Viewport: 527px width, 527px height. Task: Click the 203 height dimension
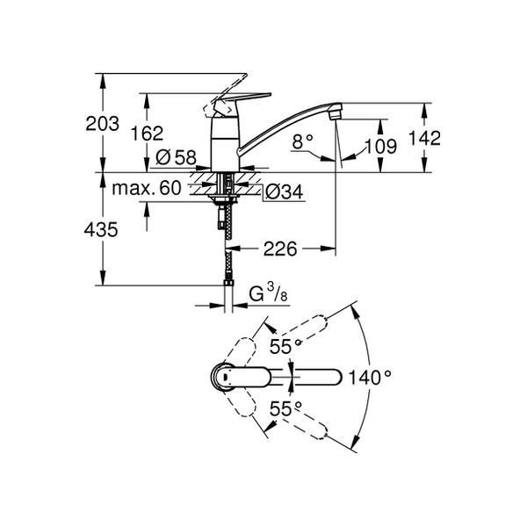pos(102,123)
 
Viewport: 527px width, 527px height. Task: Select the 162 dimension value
pos(147,134)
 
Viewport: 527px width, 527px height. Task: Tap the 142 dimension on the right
pos(424,138)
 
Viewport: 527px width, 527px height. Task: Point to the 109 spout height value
pos(381,146)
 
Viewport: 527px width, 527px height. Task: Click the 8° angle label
pos(302,141)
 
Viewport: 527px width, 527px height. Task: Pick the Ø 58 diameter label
pos(176,156)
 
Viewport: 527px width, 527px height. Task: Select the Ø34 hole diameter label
pos(284,191)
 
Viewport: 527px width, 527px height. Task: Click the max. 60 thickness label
pos(147,188)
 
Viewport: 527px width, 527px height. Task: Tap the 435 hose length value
pos(101,230)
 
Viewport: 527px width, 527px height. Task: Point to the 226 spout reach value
pos(280,249)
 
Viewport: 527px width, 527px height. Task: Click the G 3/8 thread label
pos(268,293)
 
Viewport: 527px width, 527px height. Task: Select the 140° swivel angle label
pos(370,378)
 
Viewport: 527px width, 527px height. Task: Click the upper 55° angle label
pos(285,346)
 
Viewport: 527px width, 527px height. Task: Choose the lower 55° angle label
pos(285,408)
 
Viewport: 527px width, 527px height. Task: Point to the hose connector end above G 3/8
pos(228,283)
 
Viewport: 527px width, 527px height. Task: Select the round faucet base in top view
pos(223,378)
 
